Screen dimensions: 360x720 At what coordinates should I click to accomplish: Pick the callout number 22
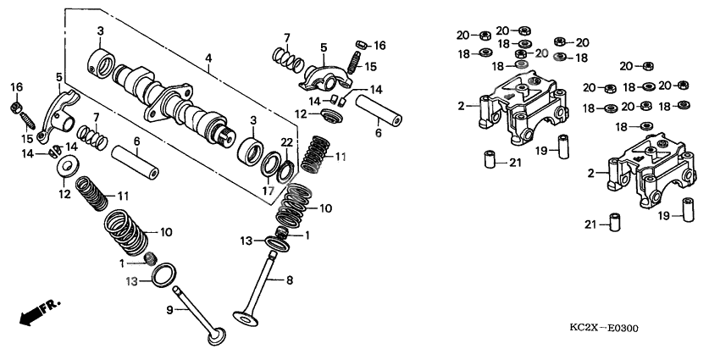[286, 141]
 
